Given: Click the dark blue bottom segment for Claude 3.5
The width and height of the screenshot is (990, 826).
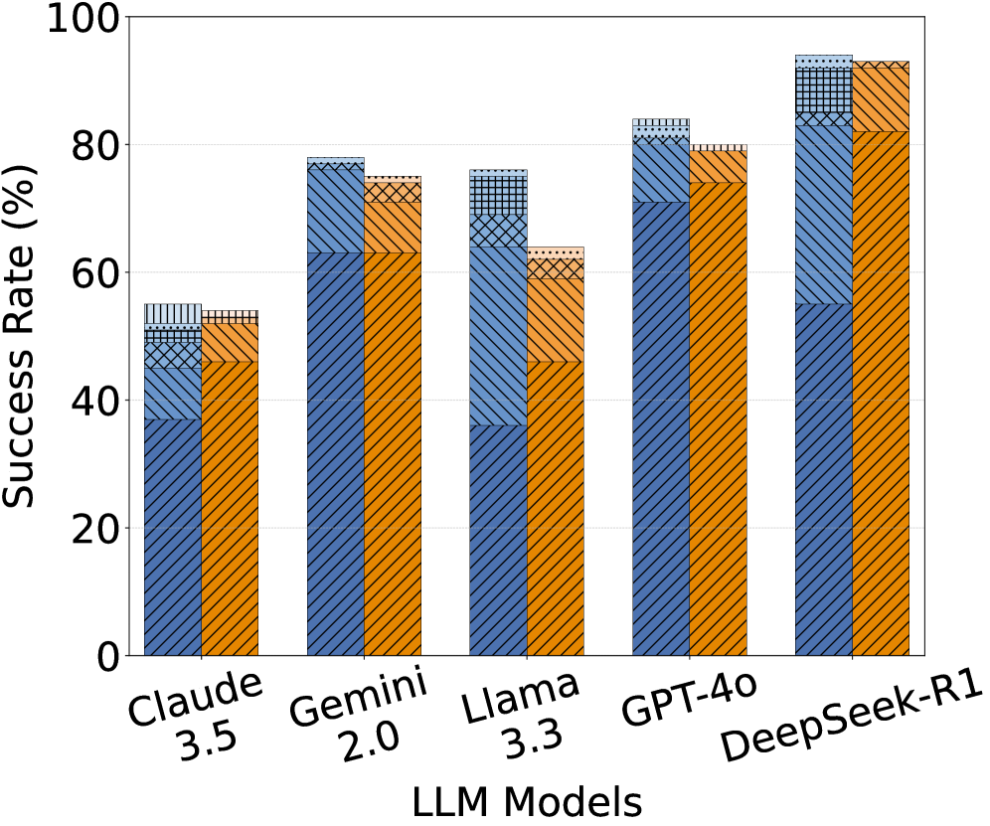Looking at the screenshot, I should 173,537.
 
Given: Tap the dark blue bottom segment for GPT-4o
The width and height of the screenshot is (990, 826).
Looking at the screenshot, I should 661,428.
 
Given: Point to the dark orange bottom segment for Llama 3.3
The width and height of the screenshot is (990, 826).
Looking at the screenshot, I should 556,508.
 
